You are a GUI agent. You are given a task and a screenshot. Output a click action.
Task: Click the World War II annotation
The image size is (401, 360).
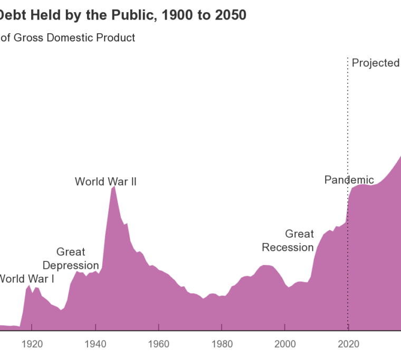coord(106,182)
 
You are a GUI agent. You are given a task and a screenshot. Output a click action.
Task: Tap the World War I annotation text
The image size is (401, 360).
coord(26,278)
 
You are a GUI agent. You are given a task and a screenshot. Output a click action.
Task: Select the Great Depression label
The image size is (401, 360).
coord(71,258)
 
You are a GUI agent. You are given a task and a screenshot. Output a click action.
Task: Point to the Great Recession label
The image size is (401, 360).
coord(288,240)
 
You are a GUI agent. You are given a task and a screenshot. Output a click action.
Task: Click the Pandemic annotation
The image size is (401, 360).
coord(349,180)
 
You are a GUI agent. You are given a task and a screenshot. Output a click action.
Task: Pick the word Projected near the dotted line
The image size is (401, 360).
coord(376,63)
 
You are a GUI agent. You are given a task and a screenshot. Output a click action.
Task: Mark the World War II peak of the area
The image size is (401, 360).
coord(113,187)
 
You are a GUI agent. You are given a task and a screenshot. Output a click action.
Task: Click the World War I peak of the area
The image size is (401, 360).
coord(29,285)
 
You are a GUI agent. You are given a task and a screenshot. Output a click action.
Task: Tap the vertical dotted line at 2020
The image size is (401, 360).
coord(348,132)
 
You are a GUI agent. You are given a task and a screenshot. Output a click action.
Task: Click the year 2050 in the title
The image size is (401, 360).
coord(230,15)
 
